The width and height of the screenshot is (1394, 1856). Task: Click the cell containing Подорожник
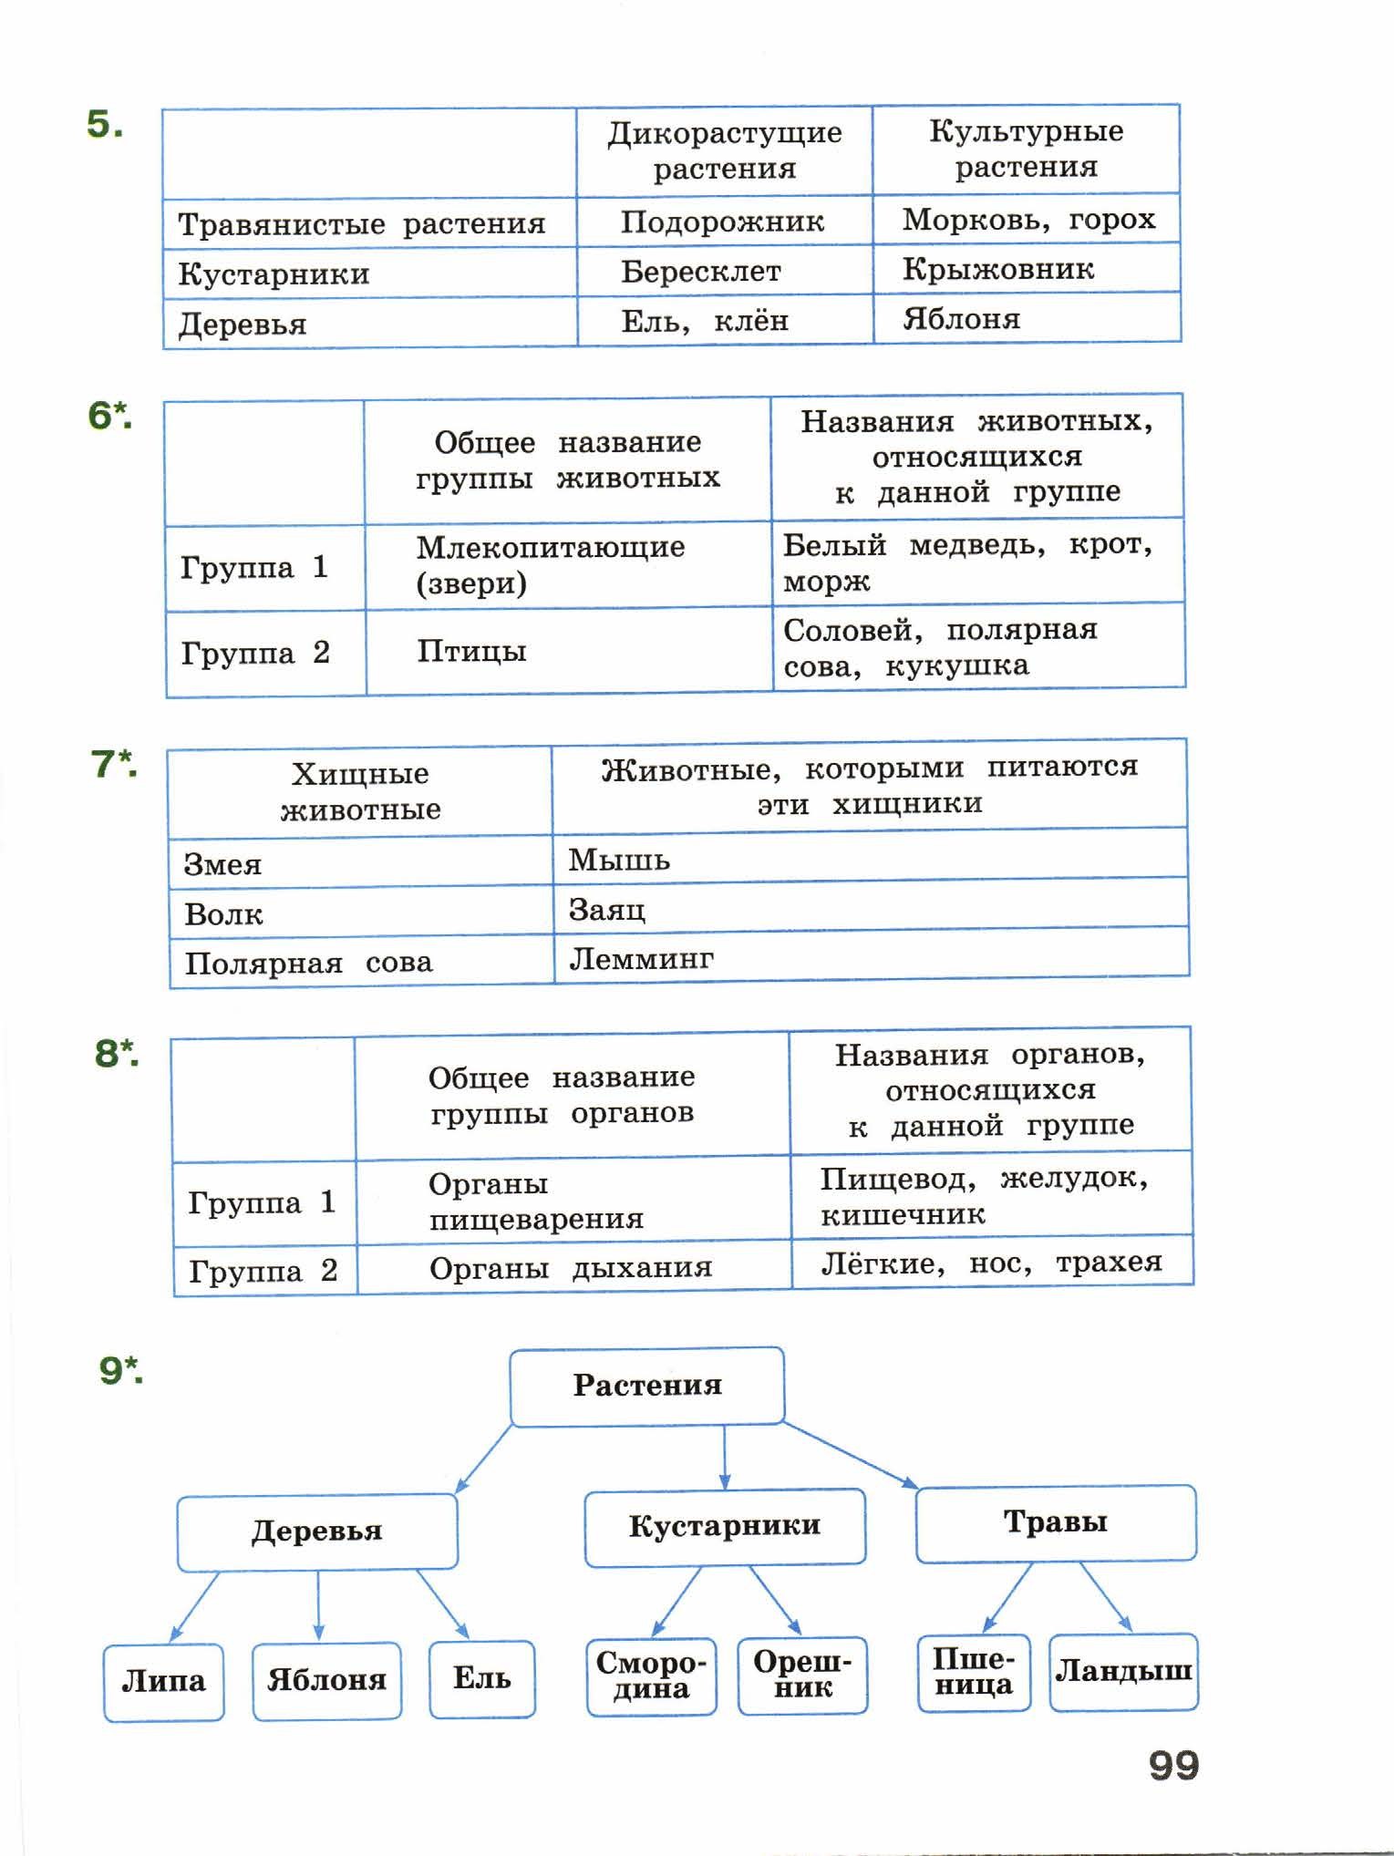pyautogui.click(x=724, y=222)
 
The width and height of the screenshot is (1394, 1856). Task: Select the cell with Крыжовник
pyautogui.click(x=1027, y=269)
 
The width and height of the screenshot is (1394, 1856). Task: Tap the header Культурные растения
pyautogui.click(x=1026, y=149)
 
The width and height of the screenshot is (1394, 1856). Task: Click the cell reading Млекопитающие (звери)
pyautogui.click(x=568, y=565)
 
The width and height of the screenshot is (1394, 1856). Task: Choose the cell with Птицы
pyautogui.click(x=569, y=651)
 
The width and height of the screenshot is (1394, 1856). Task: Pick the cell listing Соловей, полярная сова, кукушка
pyautogui.click(x=978, y=647)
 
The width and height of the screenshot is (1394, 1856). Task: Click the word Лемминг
pyautogui.click(x=641, y=958)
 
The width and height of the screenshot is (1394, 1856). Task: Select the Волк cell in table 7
pyautogui.click(x=361, y=913)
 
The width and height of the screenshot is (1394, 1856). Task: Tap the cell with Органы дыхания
pyautogui.click(x=573, y=1267)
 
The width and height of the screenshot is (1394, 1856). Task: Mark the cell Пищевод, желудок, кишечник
pyautogui.click(x=991, y=1195)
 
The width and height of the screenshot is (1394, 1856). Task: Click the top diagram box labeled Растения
pyautogui.click(x=647, y=1386)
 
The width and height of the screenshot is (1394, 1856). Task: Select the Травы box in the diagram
pyautogui.click(x=1056, y=1522)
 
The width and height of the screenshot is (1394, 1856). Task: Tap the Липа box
pyautogui.click(x=164, y=1682)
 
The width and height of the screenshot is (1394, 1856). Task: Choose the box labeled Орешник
pyautogui.click(x=803, y=1676)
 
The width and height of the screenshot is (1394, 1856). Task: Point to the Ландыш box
pyautogui.click(x=1124, y=1672)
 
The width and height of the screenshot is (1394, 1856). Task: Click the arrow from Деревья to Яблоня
pyautogui.click(x=318, y=1605)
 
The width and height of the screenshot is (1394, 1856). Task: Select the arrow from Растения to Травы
pyautogui.click(x=850, y=1455)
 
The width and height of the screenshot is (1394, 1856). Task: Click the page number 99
pyautogui.click(x=1174, y=1766)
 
